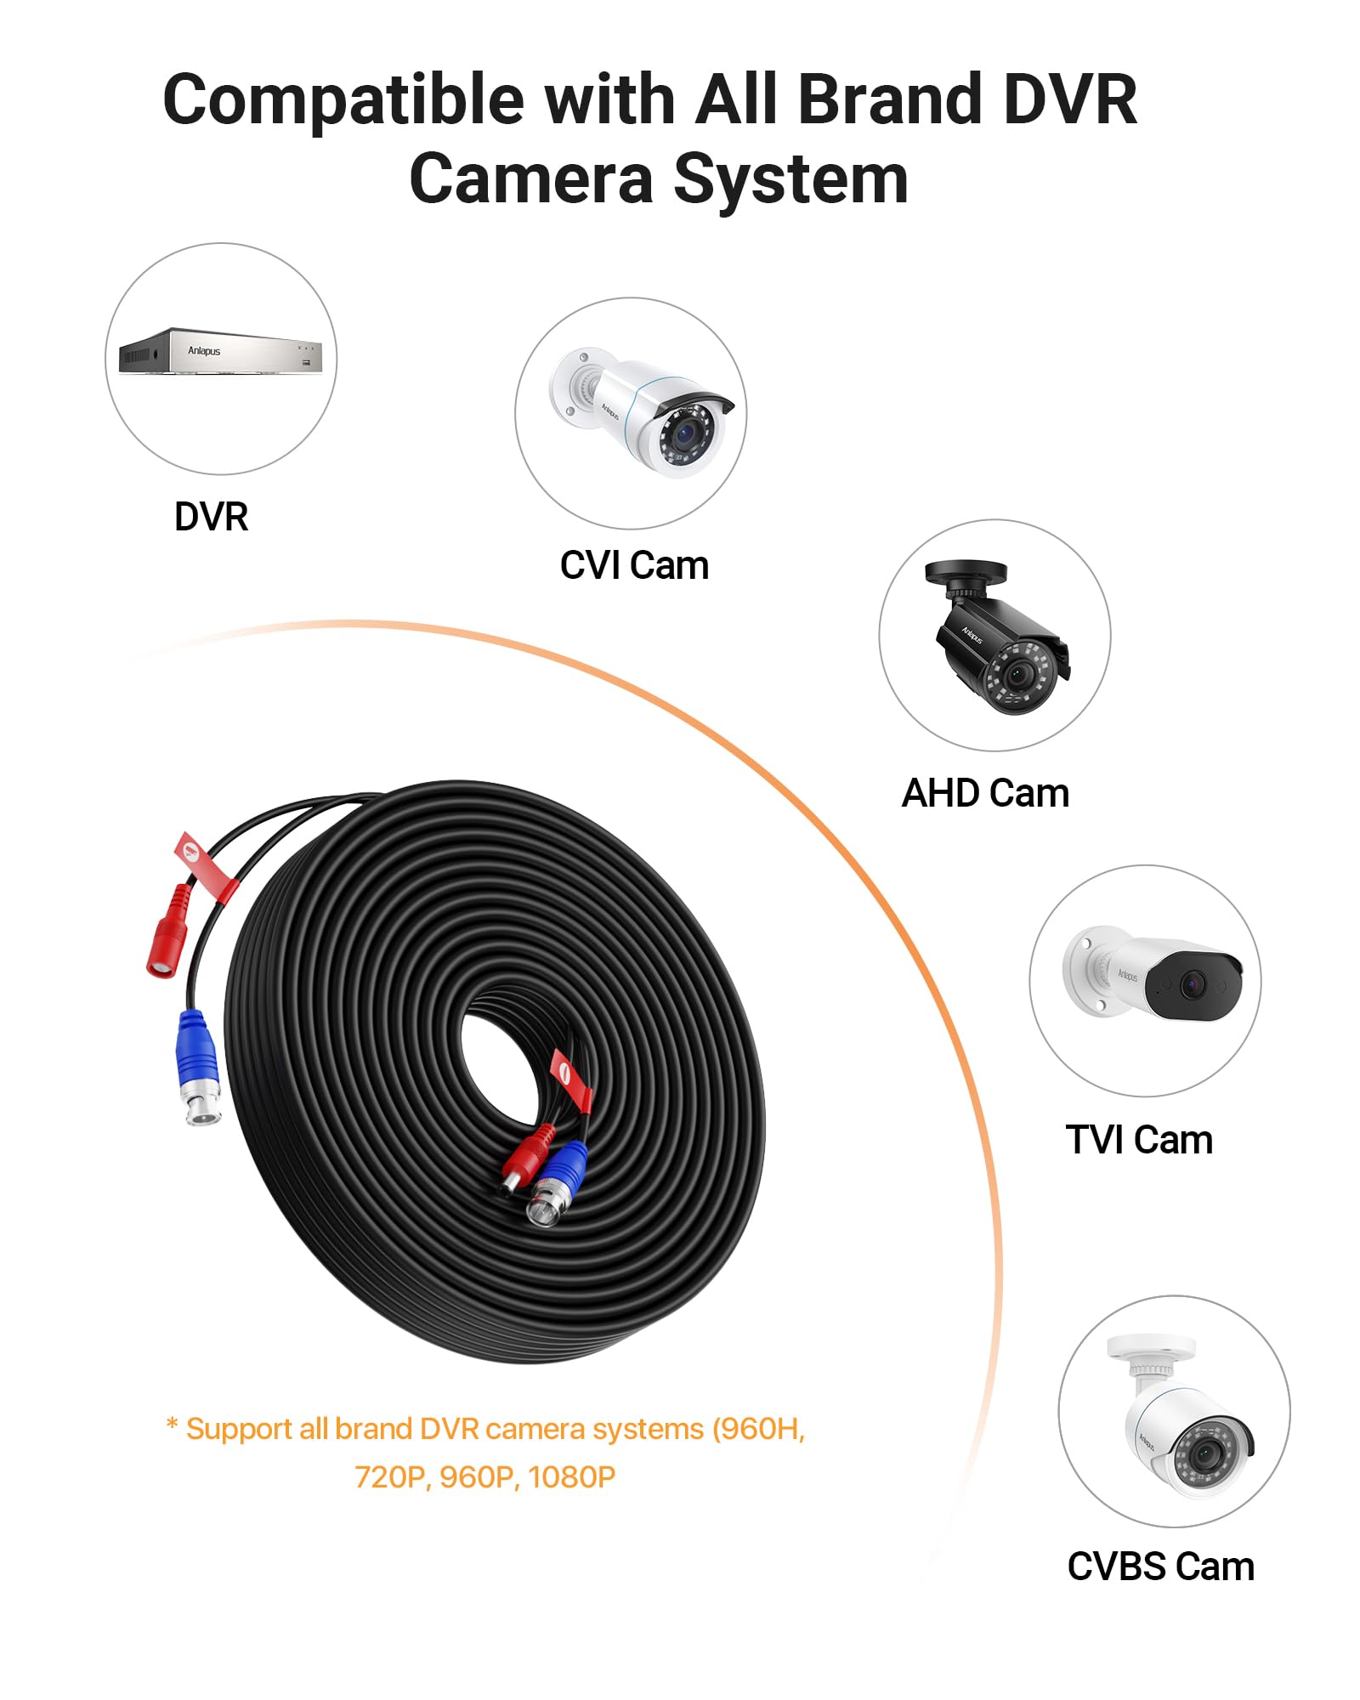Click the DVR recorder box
pos(221,350)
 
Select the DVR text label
pos(211,516)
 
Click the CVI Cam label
pos(634,565)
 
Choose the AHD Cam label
pos(985,793)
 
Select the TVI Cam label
pos(1139,1140)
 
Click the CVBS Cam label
pos(1160,1567)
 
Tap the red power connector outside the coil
pos(168,931)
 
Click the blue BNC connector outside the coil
pos(199,1068)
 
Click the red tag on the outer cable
pos(206,867)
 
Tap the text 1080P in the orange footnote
pos(571,1478)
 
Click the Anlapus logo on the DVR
pos(204,351)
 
